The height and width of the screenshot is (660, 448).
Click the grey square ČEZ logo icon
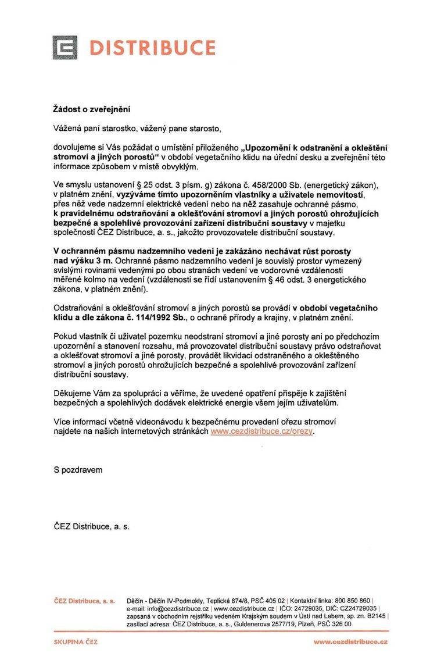(x=64, y=48)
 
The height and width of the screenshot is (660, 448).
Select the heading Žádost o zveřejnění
(x=92, y=109)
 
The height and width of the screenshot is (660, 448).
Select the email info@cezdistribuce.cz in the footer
(x=175, y=608)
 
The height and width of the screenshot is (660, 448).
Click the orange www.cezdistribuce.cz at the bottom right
(x=351, y=642)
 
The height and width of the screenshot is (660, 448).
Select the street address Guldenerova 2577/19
(x=271, y=623)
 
